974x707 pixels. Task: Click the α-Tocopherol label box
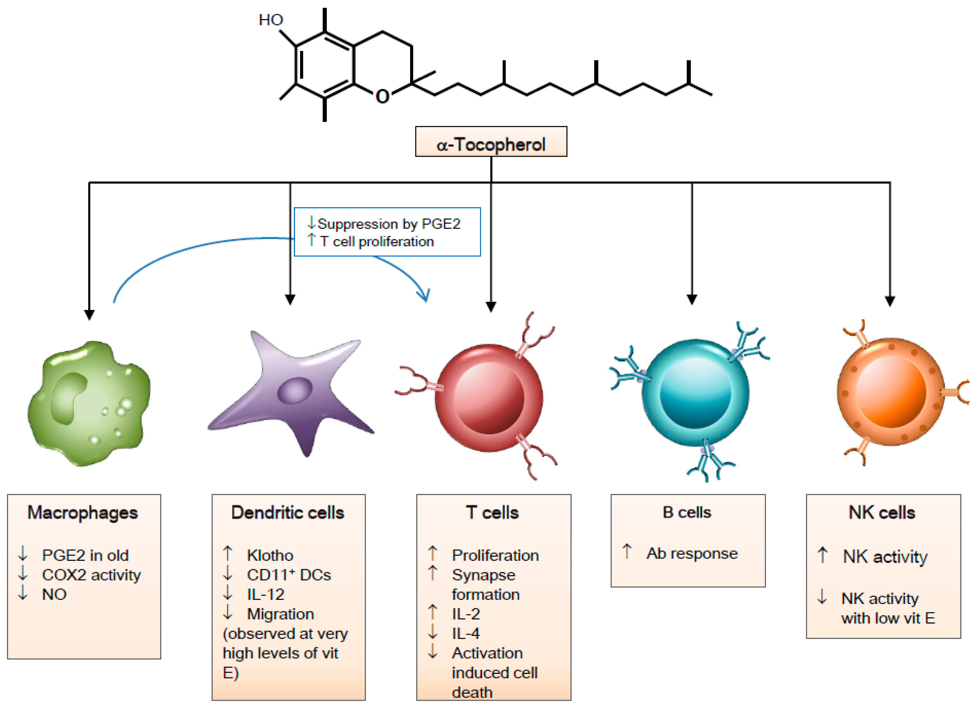(x=491, y=142)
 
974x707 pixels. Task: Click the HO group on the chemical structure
(x=271, y=20)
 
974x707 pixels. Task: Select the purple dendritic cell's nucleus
(x=295, y=390)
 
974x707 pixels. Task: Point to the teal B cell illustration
(x=695, y=393)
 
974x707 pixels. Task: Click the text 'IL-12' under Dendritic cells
(x=265, y=594)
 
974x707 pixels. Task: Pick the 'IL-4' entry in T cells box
(x=466, y=633)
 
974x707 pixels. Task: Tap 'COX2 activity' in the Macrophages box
(x=91, y=575)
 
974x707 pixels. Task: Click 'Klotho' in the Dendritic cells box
(x=270, y=556)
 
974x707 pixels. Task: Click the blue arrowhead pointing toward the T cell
(x=424, y=295)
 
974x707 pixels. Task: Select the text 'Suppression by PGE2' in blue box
(x=389, y=224)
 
